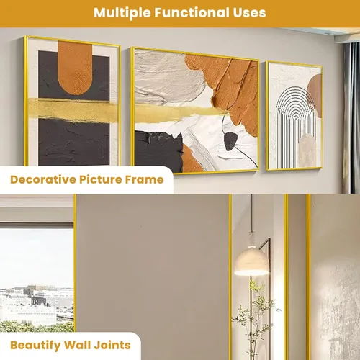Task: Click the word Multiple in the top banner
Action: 122,13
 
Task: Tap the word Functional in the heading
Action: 192,12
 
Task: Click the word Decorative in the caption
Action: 43,179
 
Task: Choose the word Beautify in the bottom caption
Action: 35,346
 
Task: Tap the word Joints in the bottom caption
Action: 112,345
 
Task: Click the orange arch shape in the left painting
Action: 75,68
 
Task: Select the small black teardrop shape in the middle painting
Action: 230,141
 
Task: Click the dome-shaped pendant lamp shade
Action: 251,262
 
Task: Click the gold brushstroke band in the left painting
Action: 73,109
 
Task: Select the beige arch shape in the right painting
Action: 307,150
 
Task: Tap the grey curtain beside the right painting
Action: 351,117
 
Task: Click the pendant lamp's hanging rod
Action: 251,214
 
